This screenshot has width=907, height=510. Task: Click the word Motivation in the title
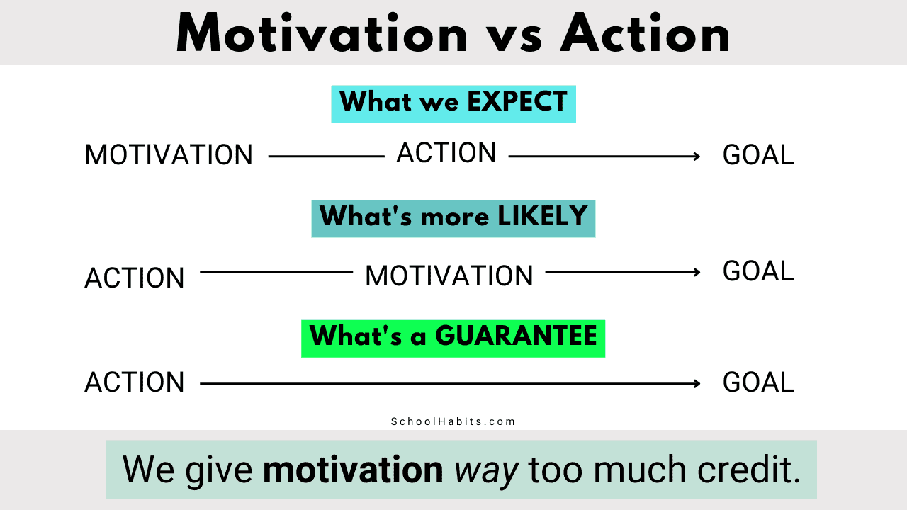pyautogui.click(x=322, y=33)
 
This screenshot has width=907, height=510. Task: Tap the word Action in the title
pyautogui.click(x=646, y=33)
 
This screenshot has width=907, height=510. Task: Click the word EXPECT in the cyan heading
pyautogui.click(x=517, y=101)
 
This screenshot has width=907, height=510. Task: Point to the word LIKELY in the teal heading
pyautogui.click(x=542, y=216)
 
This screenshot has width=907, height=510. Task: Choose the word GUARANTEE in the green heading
pyautogui.click(x=516, y=336)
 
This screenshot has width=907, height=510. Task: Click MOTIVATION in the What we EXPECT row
pyautogui.click(x=169, y=155)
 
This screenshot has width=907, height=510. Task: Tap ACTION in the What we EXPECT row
pyautogui.click(x=446, y=152)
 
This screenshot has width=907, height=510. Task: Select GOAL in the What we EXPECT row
pyautogui.click(x=758, y=155)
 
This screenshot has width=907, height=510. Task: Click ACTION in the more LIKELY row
pyautogui.click(x=135, y=278)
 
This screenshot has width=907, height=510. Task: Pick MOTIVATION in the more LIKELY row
pyautogui.click(x=449, y=276)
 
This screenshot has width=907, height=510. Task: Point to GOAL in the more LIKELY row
pyautogui.click(x=758, y=271)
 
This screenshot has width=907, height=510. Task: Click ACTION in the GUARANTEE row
pyautogui.click(x=135, y=382)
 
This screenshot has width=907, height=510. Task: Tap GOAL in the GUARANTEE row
pyautogui.click(x=758, y=382)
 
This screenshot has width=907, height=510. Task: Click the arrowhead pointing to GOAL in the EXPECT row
pyautogui.click(x=697, y=157)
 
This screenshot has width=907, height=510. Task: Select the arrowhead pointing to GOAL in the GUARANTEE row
pyautogui.click(x=697, y=384)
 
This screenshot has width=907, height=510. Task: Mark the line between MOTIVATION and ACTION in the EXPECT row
pyautogui.click(x=327, y=157)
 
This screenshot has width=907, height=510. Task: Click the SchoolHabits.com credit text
pyautogui.click(x=453, y=421)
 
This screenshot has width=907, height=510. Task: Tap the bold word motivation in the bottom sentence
pyautogui.click(x=353, y=470)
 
